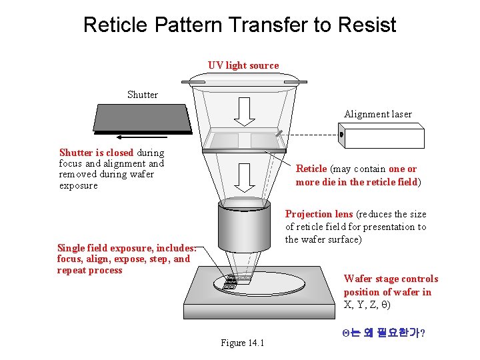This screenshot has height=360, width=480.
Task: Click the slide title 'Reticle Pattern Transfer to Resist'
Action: pos(239,25)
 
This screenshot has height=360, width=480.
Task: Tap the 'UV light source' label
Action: pos(243,65)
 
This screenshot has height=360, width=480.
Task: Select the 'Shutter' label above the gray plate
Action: pos(143,95)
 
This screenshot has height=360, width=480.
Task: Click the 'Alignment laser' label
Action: pos(378,114)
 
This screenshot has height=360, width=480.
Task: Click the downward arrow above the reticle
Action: pos(245,111)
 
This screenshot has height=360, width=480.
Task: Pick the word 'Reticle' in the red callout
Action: pos(311,169)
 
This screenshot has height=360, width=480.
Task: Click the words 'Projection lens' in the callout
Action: pos(319,214)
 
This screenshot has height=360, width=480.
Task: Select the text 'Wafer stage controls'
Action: pos(391,279)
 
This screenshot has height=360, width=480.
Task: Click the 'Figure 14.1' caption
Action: pos(243,343)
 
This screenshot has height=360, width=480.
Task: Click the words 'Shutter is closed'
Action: pos(96,153)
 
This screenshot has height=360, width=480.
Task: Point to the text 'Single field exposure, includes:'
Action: pos(127,247)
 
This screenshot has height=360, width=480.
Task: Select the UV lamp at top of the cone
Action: pos(244,81)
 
